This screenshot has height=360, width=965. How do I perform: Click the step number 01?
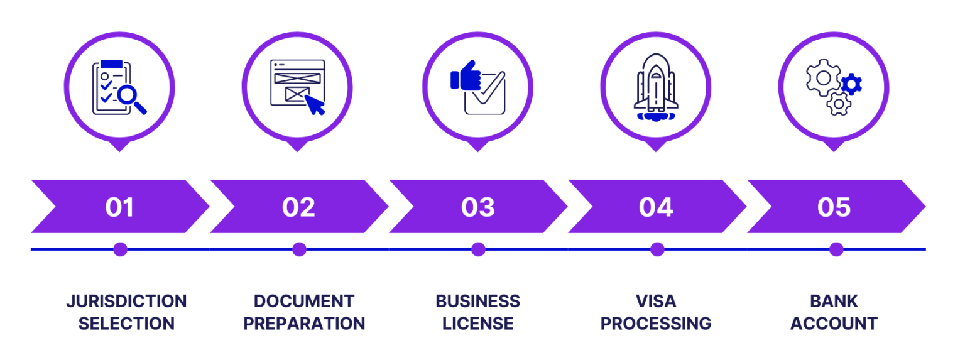pos(119,207)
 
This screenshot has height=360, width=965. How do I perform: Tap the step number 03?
pos(477,207)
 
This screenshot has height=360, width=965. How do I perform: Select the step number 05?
pos(834,207)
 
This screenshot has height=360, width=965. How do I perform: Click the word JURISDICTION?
pos(126,301)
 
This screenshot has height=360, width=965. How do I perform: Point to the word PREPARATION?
pos(304,324)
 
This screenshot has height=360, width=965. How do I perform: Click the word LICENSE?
pos(478,324)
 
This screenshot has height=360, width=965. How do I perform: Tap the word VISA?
pos(656,301)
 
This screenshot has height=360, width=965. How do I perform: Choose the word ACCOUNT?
pos(834,324)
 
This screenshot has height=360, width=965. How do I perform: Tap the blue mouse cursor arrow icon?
pos(314,104)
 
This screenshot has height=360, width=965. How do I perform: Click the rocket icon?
pos(655,87)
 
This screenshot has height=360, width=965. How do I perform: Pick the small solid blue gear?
pos(852,83)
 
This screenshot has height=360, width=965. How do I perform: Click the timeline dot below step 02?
pos(299,249)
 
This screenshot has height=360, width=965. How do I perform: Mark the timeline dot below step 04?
pos(657,249)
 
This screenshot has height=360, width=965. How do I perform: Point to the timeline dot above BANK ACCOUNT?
pos(836,249)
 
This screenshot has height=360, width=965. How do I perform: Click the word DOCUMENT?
pos(304,301)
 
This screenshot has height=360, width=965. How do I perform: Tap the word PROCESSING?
pos(656,324)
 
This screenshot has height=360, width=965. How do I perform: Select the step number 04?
pos(656,207)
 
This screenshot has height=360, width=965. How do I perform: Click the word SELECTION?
pos(126,324)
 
